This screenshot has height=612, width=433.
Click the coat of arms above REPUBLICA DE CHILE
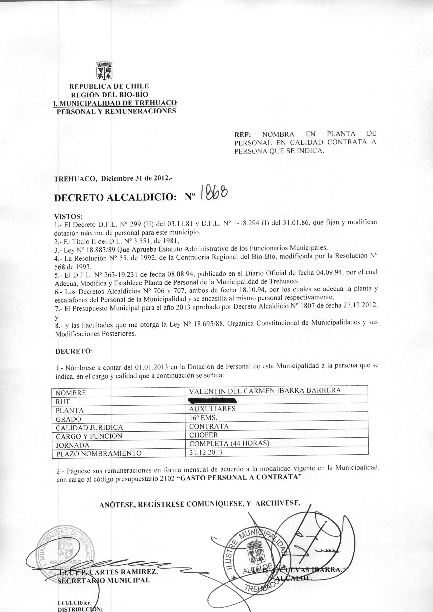tap(104, 70)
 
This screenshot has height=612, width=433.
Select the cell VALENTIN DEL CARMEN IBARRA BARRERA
tap(265, 390)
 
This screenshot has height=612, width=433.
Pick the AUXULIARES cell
tap(212, 409)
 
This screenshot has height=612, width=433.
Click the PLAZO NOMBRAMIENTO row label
tap(98, 453)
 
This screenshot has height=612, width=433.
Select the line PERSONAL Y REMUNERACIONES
tap(116, 111)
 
